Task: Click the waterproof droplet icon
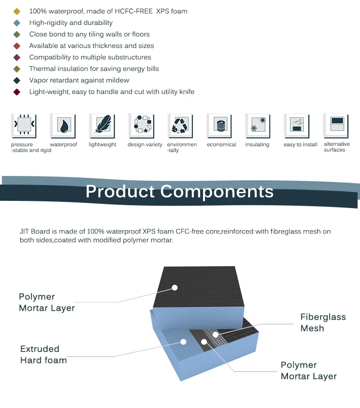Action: click(63, 126)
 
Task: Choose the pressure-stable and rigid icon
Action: click(24, 126)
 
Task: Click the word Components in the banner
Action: click(217, 192)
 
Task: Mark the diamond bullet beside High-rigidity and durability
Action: click(17, 23)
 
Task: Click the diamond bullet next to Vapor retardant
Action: click(17, 81)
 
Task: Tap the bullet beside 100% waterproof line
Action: click(17, 11)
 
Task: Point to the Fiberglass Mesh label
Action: click(323, 323)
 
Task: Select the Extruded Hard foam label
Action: click(43, 354)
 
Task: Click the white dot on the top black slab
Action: click(175, 288)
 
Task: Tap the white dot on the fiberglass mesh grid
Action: click(216, 334)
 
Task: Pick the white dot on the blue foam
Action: click(183, 342)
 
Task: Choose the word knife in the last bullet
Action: click(185, 92)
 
